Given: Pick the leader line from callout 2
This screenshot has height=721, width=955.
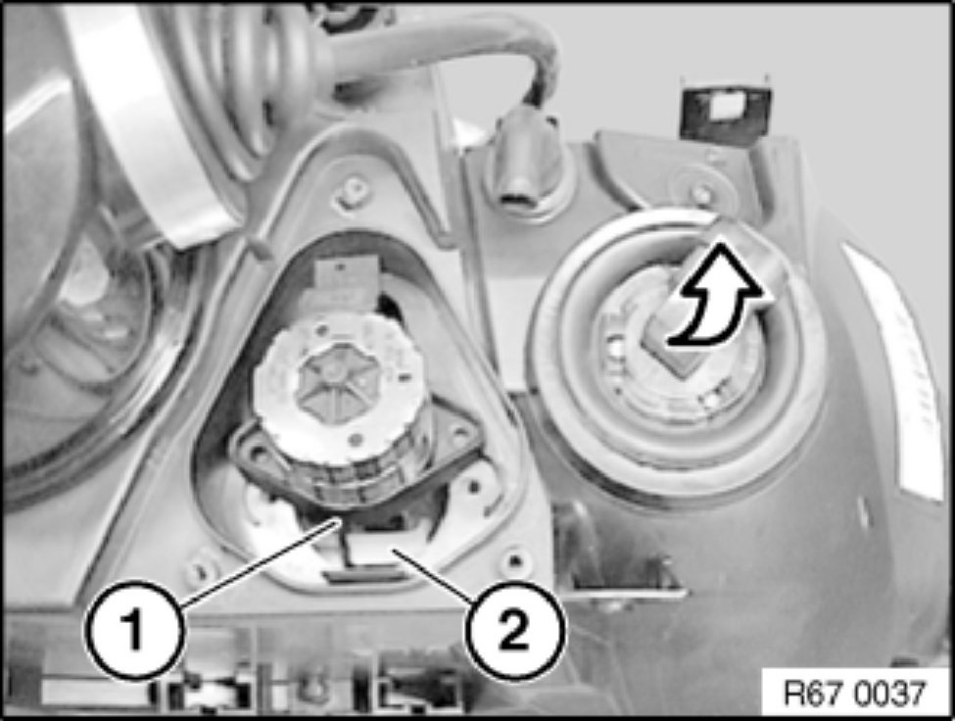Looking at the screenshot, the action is [x=436, y=575].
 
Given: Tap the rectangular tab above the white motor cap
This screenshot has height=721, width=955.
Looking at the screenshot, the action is [x=344, y=280].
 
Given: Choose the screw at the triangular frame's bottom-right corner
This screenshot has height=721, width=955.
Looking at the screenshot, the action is [x=513, y=560].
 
